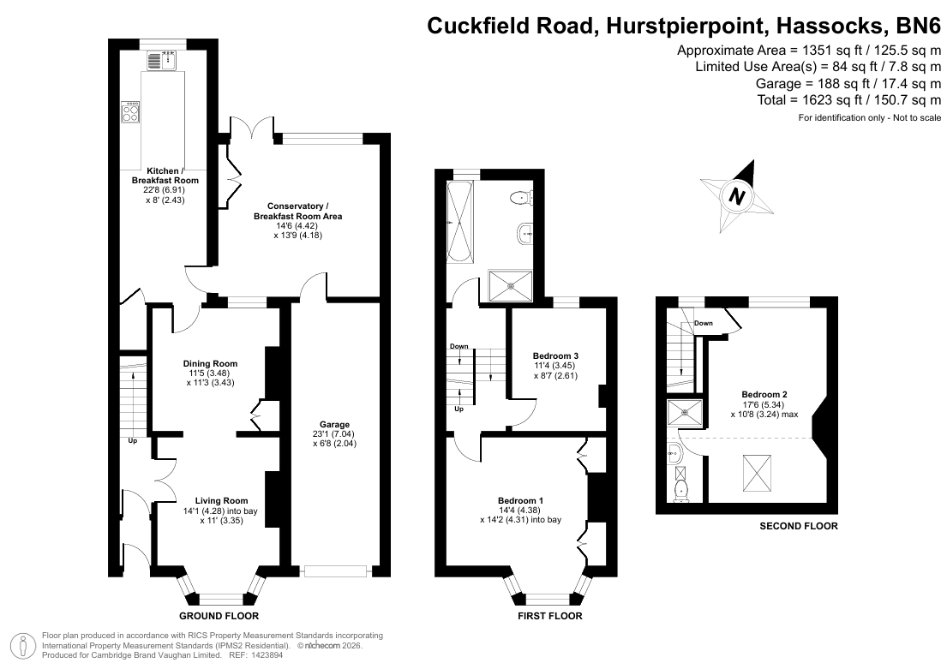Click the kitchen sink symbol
161,60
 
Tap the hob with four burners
130,111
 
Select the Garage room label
334,425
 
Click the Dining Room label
210,363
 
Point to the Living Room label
222,500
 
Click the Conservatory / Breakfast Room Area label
297,212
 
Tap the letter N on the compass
736,195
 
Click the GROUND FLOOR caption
219,616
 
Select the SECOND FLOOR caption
799,526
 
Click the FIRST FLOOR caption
549,616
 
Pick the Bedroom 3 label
555,355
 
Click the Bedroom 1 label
520,500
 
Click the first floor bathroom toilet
520,197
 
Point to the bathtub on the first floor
460,222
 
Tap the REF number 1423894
267,654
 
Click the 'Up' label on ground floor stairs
132,441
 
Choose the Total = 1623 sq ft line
849,99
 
